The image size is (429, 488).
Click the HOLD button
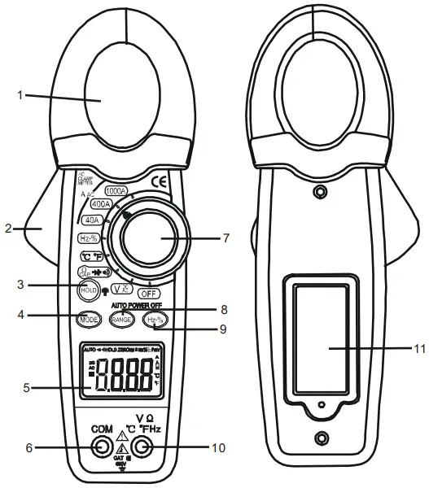(87, 289)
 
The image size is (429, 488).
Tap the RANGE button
(123, 320)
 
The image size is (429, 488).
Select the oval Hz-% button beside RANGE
(156, 320)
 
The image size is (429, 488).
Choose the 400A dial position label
(103, 205)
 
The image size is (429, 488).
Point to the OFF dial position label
(148, 292)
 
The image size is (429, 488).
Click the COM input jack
(101, 446)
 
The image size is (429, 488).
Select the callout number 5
(27, 388)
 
